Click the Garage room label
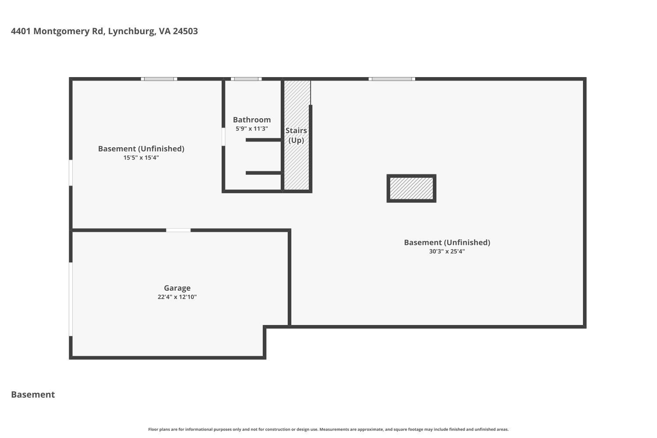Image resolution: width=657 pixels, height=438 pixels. click(177, 288)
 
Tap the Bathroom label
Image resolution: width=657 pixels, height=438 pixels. click(251, 120)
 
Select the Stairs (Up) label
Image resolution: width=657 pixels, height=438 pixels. click(296, 135)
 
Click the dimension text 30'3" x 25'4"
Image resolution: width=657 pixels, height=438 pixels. click(447, 251)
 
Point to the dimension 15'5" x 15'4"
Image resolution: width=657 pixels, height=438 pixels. click(141, 158)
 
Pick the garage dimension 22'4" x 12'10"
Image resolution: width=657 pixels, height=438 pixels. click(177, 297)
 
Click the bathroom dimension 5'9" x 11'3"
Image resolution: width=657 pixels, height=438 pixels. click(251, 129)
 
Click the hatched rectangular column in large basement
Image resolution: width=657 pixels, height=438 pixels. click(411, 188)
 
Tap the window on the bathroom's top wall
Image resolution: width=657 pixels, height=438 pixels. click(246, 79)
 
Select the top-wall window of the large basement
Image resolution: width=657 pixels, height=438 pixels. click(392, 79)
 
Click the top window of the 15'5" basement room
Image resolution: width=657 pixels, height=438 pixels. click(159, 79)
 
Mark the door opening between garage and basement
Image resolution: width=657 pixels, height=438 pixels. click(178, 230)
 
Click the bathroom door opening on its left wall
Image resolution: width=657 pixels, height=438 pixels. click(223, 137)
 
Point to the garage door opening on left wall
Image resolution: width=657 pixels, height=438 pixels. click(71, 299)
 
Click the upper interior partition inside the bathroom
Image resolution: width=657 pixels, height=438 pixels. click(263, 140)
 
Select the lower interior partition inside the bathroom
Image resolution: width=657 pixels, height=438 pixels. click(263, 173)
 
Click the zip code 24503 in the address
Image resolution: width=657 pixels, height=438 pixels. click(185, 31)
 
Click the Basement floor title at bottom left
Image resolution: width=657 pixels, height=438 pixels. click(33, 395)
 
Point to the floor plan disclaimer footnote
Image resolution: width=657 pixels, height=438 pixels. click(328, 430)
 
